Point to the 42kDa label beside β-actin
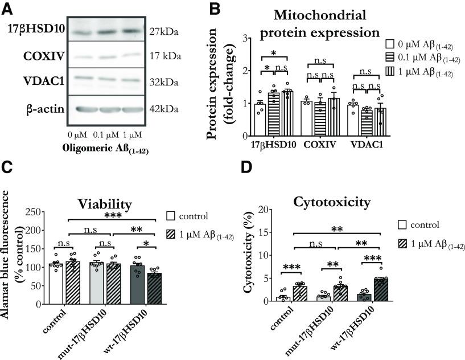pos(164,109)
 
